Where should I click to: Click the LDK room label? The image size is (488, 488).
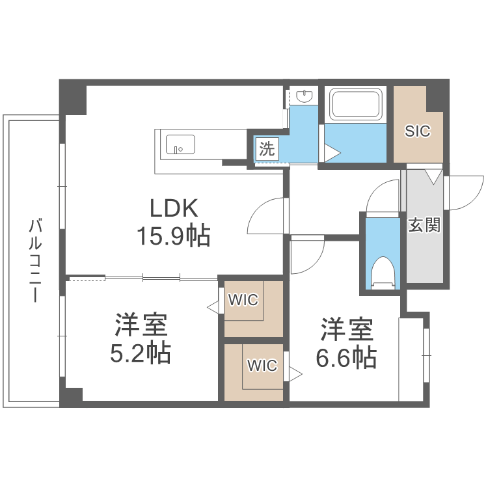(173, 208)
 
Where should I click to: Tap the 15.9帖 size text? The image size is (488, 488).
(173, 236)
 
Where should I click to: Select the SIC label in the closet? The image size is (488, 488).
(417, 131)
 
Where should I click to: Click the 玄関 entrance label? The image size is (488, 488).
(424, 225)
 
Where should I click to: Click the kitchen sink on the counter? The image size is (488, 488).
(180, 144)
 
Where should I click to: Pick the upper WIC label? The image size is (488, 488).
(242, 300)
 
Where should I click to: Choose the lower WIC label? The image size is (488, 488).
(262, 365)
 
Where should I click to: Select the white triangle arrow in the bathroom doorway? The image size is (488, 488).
(332, 154)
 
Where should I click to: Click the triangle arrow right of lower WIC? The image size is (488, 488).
(296, 373)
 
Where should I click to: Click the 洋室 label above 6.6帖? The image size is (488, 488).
(346, 329)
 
